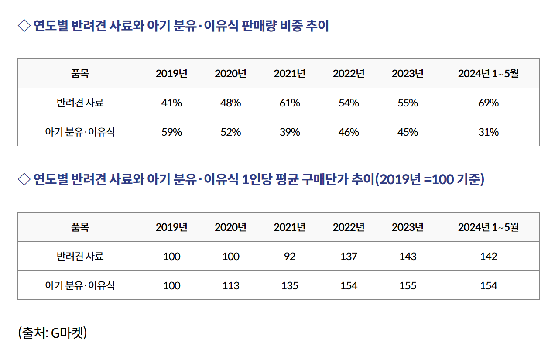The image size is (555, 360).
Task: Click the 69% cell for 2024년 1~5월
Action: pos(488,103)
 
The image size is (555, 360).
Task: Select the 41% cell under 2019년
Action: pos(171,103)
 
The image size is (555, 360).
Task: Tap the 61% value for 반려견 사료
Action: pos(290,103)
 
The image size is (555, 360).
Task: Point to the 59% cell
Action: pos(171,132)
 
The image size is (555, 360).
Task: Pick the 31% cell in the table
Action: pos(488,132)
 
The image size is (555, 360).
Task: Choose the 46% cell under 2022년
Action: pos(349,132)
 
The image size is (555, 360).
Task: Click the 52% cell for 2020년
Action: pos(230,132)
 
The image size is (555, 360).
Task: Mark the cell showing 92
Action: pos(290,257)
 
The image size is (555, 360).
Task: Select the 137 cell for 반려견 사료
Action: pos(349,257)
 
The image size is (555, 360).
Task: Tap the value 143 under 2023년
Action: pos(408,257)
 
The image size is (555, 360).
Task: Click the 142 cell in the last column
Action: pos(488,257)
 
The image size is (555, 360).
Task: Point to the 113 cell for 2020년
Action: pos(230,285)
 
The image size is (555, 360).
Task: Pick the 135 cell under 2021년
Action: pos(290,285)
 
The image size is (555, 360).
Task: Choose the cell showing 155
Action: pos(408,285)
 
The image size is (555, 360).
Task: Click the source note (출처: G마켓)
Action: pos(53,333)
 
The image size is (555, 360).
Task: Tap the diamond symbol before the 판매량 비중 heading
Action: pos(24,26)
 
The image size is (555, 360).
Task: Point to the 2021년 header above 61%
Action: pos(290,73)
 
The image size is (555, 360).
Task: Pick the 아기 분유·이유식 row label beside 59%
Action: pos(80,132)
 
